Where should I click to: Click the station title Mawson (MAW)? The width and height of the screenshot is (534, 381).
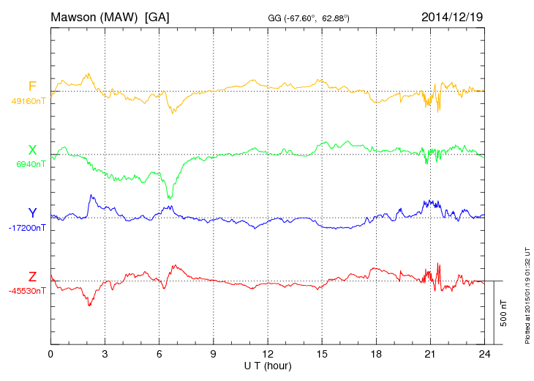pos(94,17)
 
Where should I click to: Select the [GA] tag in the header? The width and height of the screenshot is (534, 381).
pos(157,17)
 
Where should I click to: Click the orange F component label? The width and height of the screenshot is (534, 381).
pos(32,87)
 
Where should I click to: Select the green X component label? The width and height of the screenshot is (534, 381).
pos(32,150)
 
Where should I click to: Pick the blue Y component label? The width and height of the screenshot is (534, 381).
pos(32,213)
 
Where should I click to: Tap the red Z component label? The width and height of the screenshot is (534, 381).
pos(32,277)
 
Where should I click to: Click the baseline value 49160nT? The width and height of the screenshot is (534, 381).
pos(28,101)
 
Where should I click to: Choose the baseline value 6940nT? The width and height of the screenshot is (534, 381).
pos(30,164)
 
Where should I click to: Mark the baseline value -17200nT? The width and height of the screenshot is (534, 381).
pos(28,228)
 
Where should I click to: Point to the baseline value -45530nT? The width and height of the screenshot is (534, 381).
pos(28,291)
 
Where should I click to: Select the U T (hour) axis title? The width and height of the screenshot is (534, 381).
pos(268,365)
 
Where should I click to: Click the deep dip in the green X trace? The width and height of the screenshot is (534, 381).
pos(170,196)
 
